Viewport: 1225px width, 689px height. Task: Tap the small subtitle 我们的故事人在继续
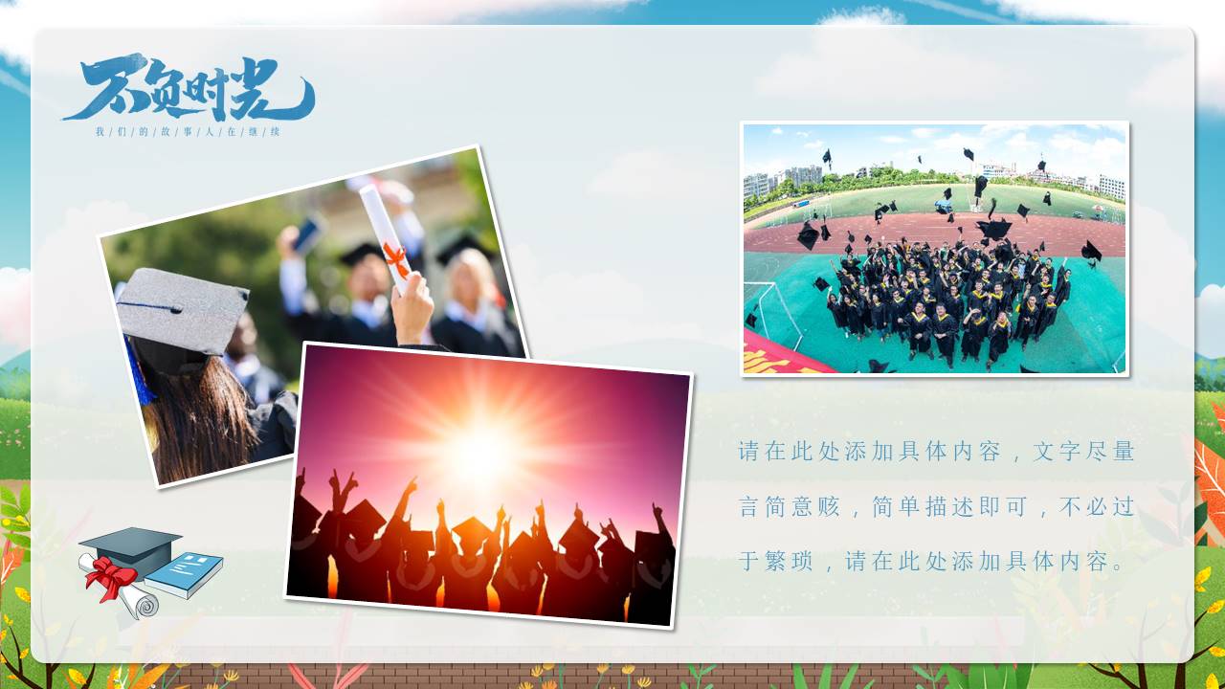tap(188, 131)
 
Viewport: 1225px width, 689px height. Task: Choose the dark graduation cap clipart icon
tap(130, 546)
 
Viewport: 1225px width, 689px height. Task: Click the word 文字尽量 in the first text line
tap(1083, 452)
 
